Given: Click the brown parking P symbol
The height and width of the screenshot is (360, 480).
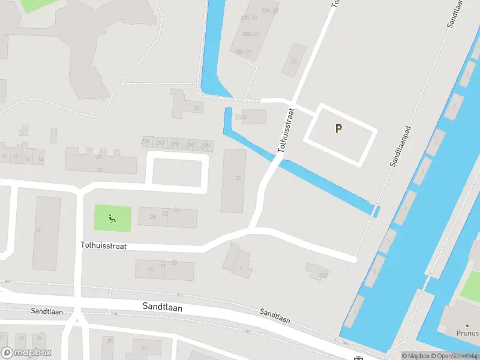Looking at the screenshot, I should (338, 128).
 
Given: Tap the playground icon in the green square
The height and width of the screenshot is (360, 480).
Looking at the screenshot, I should (112, 218).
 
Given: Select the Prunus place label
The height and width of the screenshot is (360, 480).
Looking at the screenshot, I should (467, 333).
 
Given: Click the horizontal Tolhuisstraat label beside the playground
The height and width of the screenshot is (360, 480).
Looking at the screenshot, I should (103, 246).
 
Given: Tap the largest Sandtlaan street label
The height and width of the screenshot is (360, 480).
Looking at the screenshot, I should (162, 306).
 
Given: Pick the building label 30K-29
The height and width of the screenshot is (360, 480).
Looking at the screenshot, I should (250, 34).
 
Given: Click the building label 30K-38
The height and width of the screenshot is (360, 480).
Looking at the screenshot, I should (269, 11).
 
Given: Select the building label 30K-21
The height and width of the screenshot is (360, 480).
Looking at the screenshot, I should (242, 52).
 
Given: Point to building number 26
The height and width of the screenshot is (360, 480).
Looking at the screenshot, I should (244, 118).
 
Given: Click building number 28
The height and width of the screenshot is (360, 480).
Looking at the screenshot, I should (197, 108).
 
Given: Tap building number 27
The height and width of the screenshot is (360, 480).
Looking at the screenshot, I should (100, 157).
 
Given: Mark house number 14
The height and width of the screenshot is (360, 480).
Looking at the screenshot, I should (40, 159).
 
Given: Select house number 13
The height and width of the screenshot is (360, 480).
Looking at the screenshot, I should (27, 159).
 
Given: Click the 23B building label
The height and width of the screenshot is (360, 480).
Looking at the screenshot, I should (323, 275).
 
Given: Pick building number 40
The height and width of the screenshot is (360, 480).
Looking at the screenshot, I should (144, 348).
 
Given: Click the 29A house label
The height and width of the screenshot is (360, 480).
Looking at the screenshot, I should (146, 142).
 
